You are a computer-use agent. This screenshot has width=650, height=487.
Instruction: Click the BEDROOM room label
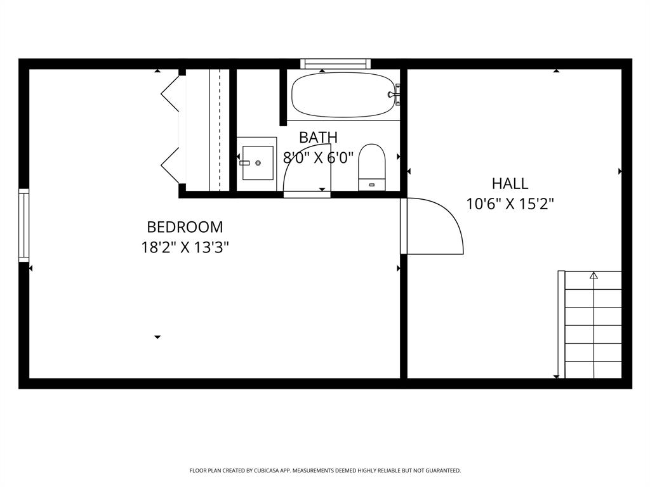point(185,227)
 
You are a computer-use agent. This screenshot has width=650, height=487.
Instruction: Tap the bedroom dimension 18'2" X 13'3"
point(185,247)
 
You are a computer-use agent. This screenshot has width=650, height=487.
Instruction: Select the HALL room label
point(510,184)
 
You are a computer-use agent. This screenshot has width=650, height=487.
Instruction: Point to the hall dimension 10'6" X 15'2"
point(510,204)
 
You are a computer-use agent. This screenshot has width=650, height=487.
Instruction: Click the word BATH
point(318,138)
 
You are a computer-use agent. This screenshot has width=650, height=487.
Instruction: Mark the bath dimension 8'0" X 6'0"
point(318,158)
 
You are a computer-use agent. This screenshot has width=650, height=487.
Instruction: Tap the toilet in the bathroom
point(372,166)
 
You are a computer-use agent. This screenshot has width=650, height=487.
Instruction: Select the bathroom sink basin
point(257,163)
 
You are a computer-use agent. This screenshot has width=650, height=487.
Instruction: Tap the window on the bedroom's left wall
point(23,225)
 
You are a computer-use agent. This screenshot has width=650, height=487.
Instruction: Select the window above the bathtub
point(335,63)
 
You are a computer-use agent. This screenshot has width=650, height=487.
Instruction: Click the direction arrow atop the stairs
point(594,275)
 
